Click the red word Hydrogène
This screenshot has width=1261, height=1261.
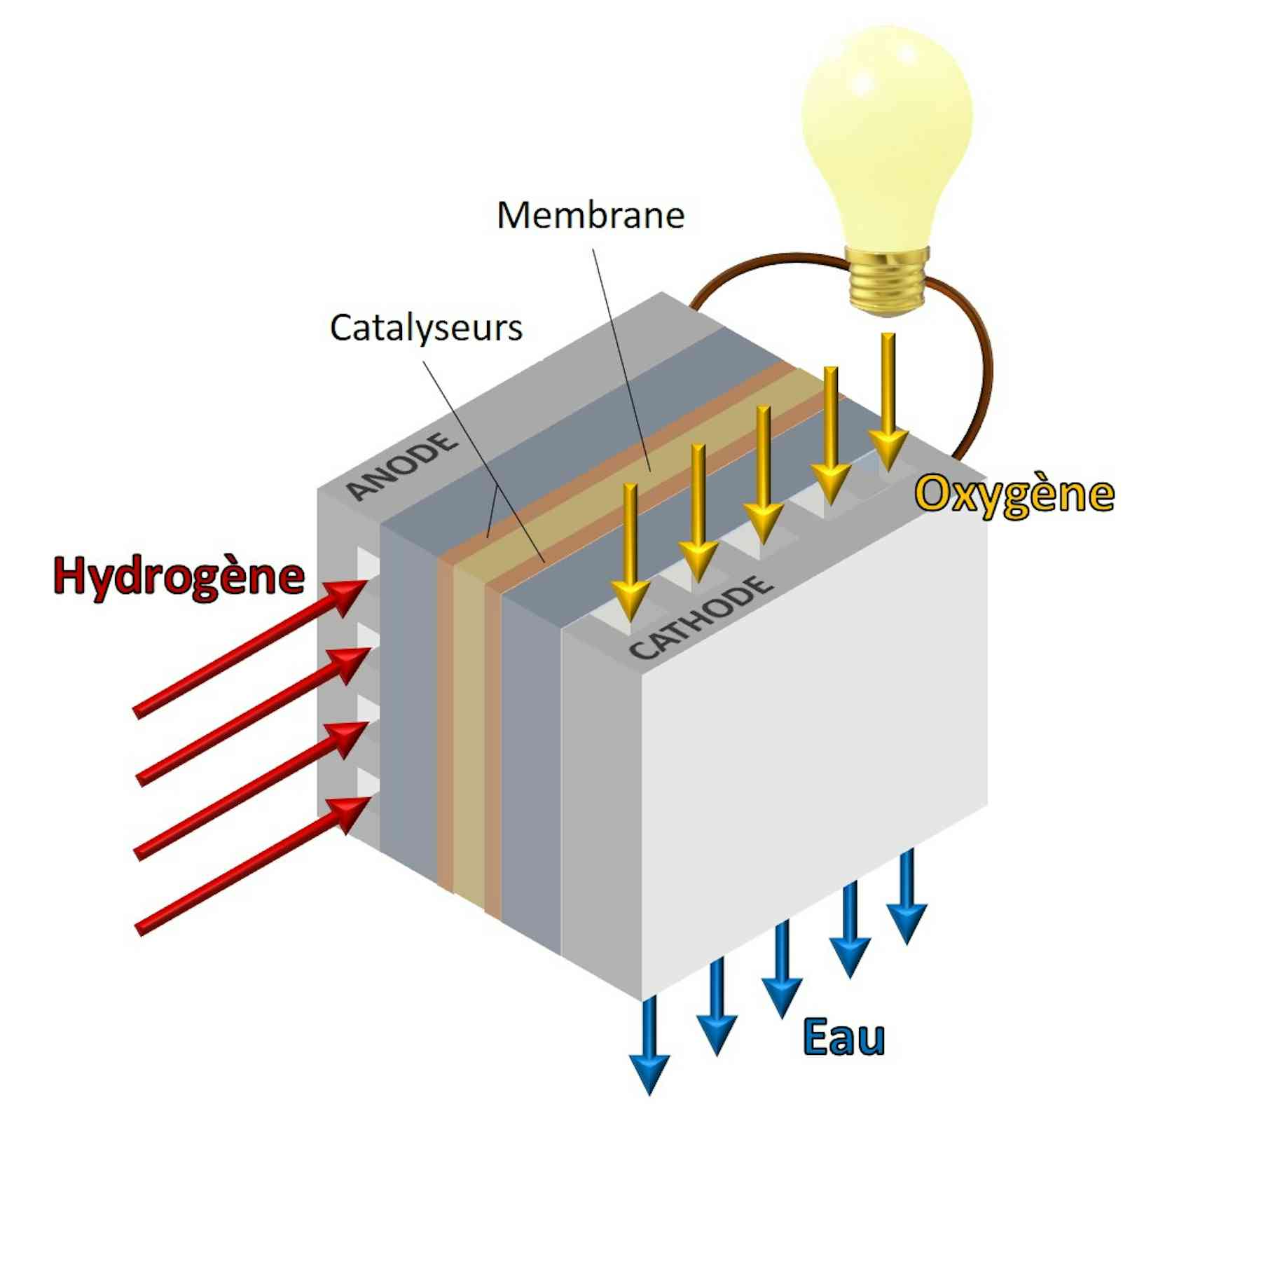179,577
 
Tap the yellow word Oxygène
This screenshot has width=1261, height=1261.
1014,495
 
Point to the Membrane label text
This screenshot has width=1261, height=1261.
590,215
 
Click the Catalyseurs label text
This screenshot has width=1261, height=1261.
426,327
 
